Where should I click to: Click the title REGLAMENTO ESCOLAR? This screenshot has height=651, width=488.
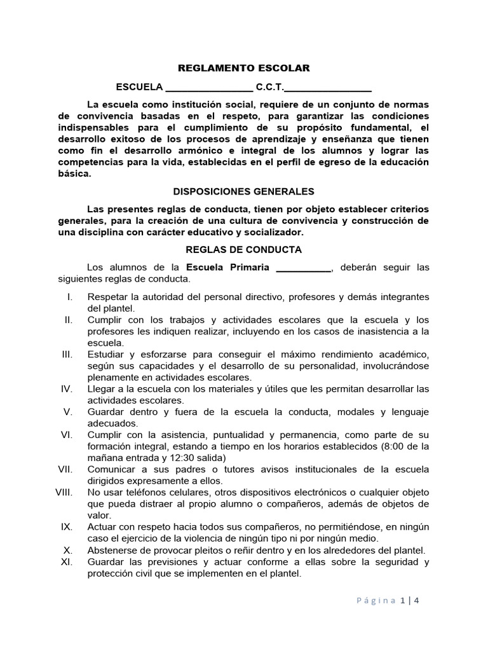243,69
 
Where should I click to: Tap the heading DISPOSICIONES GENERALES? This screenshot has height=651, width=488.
243,191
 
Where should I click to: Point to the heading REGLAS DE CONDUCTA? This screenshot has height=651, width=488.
243,250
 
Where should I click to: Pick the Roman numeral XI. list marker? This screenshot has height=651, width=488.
67,562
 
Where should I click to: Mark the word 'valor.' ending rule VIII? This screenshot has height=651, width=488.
99,515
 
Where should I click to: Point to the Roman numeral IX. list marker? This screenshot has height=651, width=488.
67,527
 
